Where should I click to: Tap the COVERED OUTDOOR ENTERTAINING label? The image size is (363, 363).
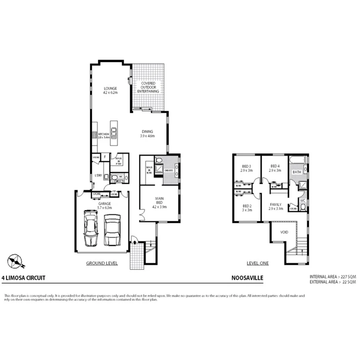click(x=148, y=87)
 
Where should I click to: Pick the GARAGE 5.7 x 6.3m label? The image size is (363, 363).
click(x=104, y=203)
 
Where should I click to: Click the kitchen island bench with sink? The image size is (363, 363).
click(x=114, y=133)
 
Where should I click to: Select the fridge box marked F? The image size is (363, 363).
click(x=104, y=157)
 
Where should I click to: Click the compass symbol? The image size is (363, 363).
click(x=15, y=261)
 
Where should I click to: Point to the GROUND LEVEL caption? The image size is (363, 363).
click(x=102, y=263)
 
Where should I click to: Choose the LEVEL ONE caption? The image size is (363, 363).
click(x=257, y=263)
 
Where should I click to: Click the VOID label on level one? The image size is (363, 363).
click(x=284, y=232)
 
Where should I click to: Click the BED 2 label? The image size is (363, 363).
click(x=247, y=208)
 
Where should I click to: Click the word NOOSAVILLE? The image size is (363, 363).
click(x=247, y=278)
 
